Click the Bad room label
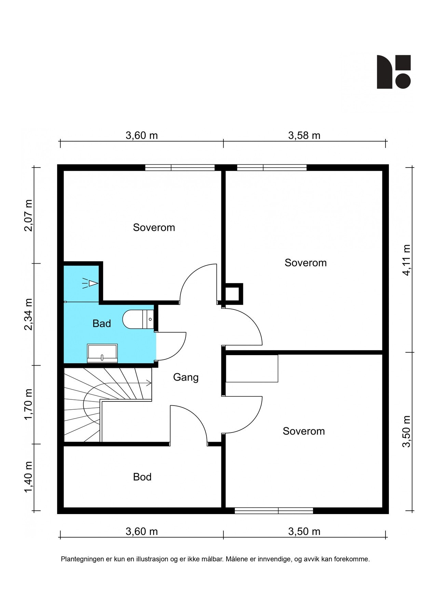[x=101, y=323]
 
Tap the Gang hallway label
[x=186, y=377]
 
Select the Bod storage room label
[x=142, y=477]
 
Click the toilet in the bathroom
[x=138, y=319]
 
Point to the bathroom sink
[x=103, y=353]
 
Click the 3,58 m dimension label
[x=304, y=136]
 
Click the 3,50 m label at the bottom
[x=304, y=532]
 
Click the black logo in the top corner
[x=394, y=72]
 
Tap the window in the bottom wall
[x=274, y=511]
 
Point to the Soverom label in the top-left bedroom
[x=154, y=228]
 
